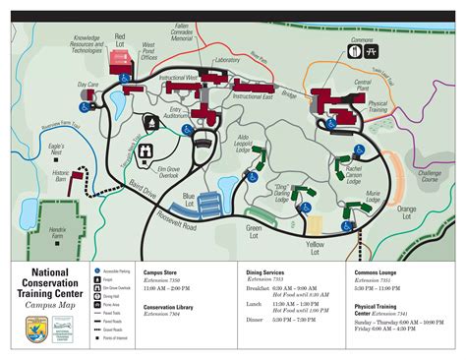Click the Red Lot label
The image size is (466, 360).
click(121, 38)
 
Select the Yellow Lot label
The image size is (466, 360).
click(315, 243)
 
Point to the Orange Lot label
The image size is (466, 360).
click(407, 209)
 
